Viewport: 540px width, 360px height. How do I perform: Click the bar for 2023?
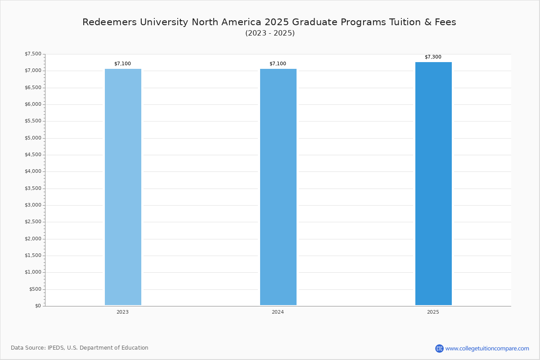tap(123, 187)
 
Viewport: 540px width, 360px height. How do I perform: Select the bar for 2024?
tap(278, 187)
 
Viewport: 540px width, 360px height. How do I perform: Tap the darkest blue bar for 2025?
tap(433, 184)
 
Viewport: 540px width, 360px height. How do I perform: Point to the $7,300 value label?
tap(433, 57)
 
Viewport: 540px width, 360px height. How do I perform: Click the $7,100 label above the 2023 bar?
tap(122, 63)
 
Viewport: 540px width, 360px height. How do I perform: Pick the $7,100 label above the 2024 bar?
tap(278, 63)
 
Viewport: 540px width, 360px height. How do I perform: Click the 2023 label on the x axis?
tap(122, 312)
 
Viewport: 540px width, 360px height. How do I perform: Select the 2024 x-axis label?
tap(278, 312)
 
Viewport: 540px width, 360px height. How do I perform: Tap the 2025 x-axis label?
tap(433, 312)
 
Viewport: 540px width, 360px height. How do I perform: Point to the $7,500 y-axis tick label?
tap(33, 54)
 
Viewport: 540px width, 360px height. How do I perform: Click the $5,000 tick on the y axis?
tap(33, 138)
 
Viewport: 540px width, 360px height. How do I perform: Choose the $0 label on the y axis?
tap(38, 306)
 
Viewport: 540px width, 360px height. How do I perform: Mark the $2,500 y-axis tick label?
tap(33, 222)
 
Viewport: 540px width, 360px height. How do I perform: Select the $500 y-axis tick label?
tap(35, 289)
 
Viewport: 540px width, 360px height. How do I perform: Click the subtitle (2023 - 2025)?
tap(270, 33)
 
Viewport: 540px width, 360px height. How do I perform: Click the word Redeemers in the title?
tap(110, 22)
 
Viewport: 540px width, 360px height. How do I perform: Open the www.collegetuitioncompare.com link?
tap(487, 348)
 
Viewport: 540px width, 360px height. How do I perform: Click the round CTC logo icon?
tap(439, 348)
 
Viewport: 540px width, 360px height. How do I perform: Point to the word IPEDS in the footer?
tap(56, 348)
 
